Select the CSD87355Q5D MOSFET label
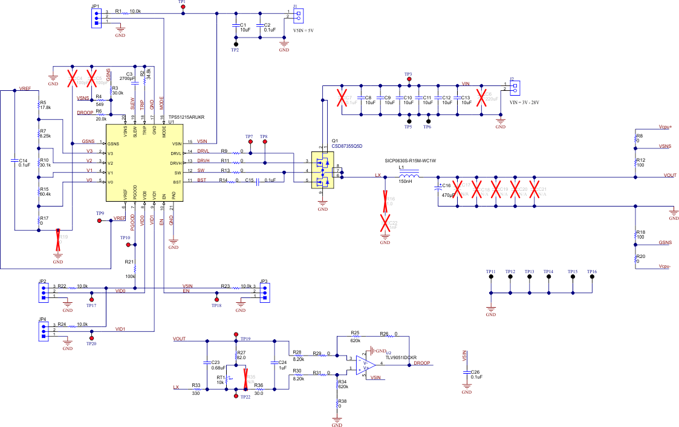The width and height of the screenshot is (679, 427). click(x=348, y=145)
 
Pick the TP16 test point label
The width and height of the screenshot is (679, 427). click(x=591, y=272)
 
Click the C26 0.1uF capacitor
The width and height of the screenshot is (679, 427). click(x=466, y=376)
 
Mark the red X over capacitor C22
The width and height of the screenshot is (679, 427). click(x=385, y=223)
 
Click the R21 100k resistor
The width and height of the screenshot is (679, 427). click(x=135, y=268)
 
